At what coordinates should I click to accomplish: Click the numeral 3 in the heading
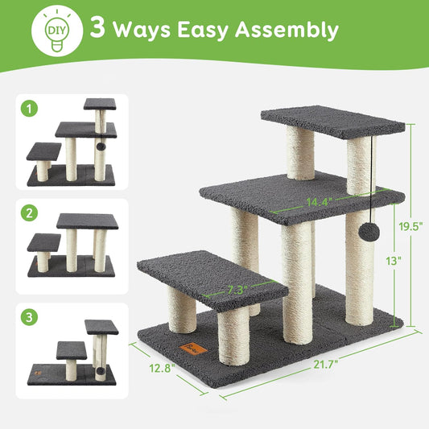point(99,31)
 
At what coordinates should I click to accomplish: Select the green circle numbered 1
point(30,106)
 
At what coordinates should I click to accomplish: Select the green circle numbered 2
point(30,214)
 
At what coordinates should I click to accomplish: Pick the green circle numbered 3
point(30,318)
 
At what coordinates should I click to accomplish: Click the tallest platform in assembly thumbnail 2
point(87,221)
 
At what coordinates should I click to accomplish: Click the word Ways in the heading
point(139,31)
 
